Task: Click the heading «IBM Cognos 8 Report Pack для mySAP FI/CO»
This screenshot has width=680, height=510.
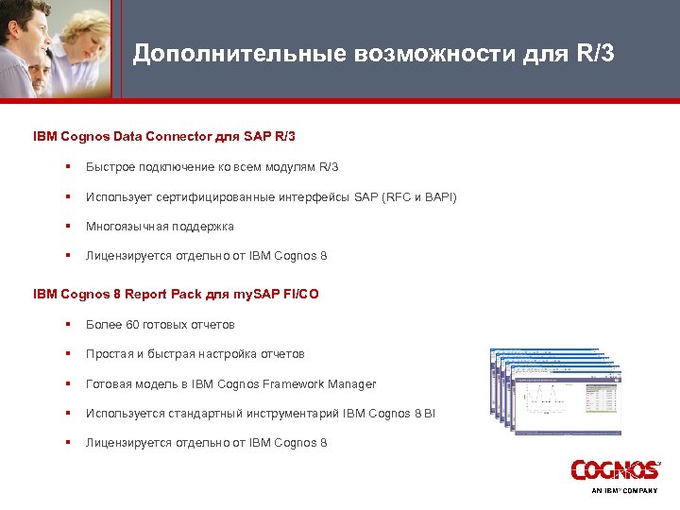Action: [176, 294]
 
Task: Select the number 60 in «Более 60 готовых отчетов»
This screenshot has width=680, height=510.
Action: [132, 325]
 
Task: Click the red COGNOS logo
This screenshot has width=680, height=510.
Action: [615, 469]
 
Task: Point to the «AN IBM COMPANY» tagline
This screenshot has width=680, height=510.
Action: [624, 491]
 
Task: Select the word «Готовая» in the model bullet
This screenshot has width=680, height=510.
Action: [108, 383]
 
